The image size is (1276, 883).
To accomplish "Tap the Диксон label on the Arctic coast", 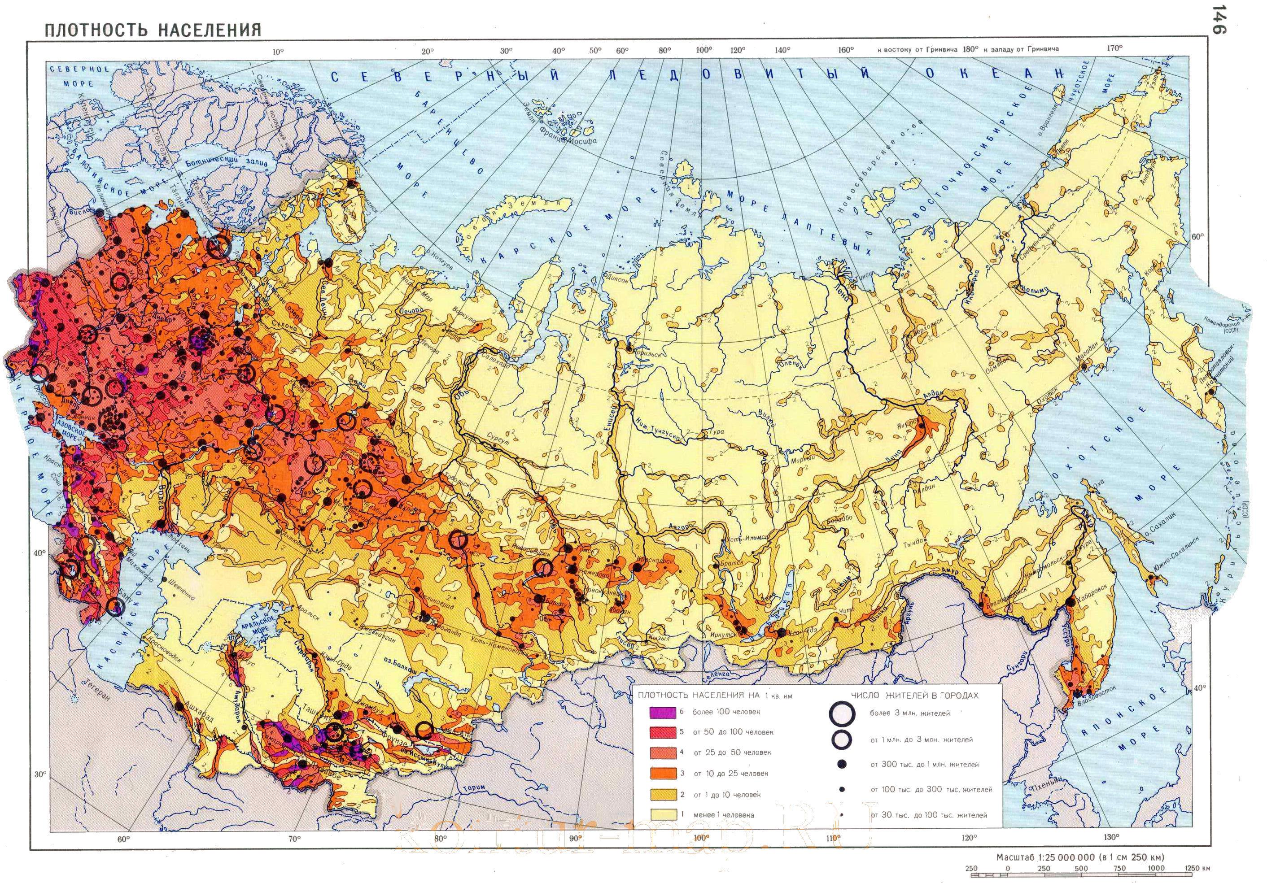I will pyautogui.click(x=616, y=280).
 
